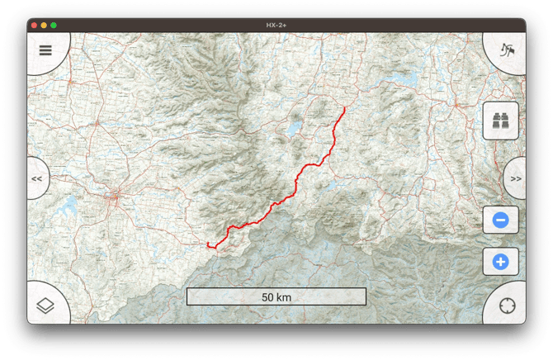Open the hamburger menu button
[x=45, y=50]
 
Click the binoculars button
[x=500, y=121]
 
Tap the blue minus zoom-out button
[x=500, y=220]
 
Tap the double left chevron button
[x=37, y=178]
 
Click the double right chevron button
[x=516, y=178]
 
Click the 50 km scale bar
[x=276, y=296]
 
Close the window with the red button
[x=34, y=26]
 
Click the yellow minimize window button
[x=44, y=26]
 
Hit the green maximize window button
[x=54, y=26]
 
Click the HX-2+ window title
[x=276, y=26]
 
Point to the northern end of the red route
[x=344, y=107]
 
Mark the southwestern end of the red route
[x=207, y=244]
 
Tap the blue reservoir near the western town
[x=70, y=202]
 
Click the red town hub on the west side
[x=116, y=197]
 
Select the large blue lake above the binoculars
[x=404, y=81]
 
